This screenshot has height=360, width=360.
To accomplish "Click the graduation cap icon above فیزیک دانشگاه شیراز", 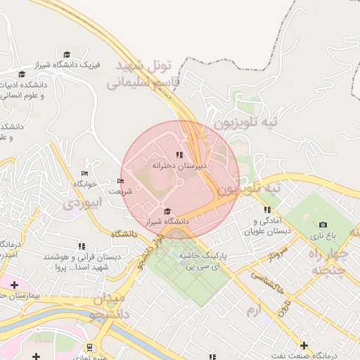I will click(67, 54).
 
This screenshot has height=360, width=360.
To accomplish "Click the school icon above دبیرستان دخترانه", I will click(180, 155).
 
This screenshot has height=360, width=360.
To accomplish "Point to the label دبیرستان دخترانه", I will click(180, 166).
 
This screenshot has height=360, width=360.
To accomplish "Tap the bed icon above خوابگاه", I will click(85, 174).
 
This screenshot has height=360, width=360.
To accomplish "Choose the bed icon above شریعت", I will click(120, 181).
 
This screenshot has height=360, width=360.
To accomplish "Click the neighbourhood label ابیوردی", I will click(83, 203).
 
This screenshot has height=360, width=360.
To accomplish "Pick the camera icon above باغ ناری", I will click(323, 225).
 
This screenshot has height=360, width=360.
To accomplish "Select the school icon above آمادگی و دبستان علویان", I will click(267, 210).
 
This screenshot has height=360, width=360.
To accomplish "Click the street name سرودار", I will click(273, 255).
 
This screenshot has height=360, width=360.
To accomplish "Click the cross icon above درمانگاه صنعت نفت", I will click(304, 345).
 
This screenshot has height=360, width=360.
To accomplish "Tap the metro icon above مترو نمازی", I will click(90, 347).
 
